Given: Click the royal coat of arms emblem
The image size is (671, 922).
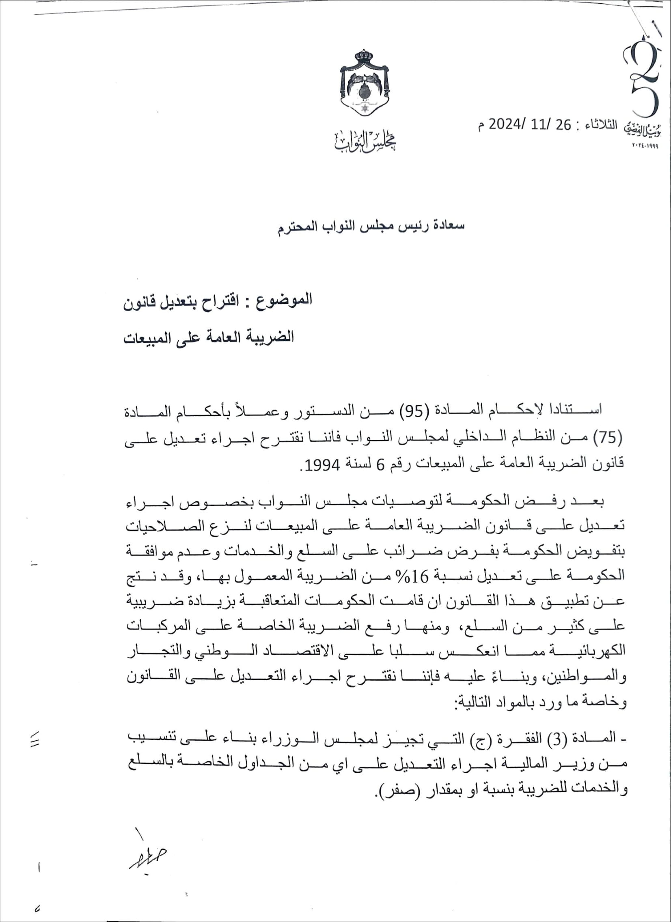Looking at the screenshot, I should click(x=365, y=84).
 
